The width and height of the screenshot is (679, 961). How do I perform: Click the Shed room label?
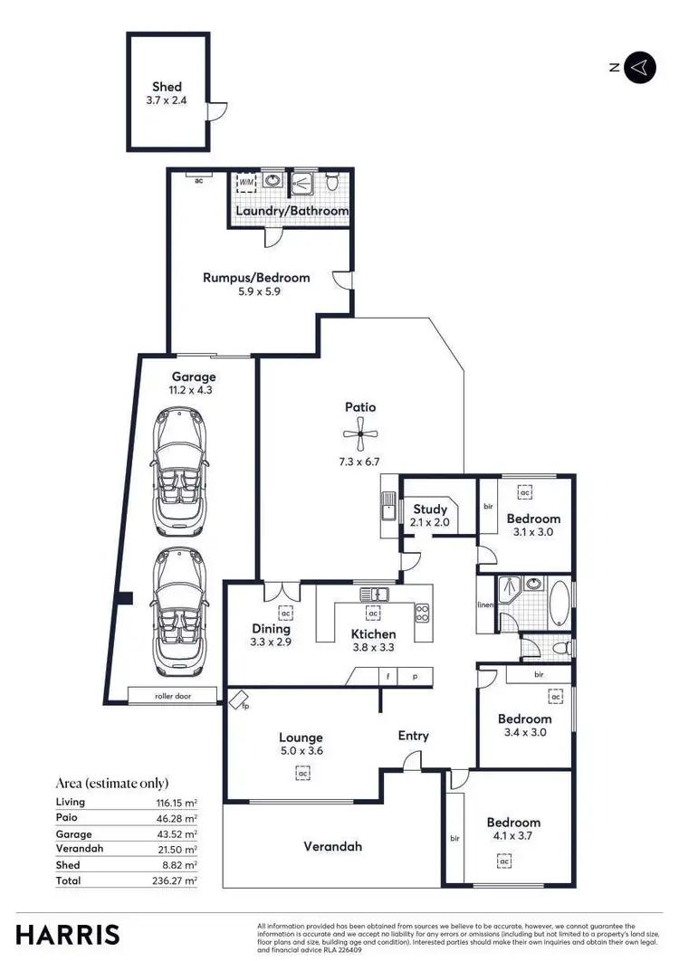click(167, 87)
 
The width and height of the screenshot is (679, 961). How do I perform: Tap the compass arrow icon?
click(640, 67)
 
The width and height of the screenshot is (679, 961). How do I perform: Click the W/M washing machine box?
click(245, 183)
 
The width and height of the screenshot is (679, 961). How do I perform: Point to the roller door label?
click(172, 697)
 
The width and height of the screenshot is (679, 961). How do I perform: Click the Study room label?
click(430, 509)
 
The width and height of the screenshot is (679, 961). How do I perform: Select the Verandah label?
click(332, 846)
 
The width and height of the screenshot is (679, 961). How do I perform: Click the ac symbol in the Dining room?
click(284, 611)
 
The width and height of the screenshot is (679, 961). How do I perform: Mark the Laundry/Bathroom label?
click(292, 211)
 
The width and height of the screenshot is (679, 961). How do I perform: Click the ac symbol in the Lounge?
click(301, 773)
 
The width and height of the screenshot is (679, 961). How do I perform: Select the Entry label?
click(414, 736)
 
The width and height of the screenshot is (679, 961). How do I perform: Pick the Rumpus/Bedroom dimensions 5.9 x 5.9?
click(255, 292)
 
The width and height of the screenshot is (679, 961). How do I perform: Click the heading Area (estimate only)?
click(112, 784)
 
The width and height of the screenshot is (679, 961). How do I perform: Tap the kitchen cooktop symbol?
click(422, 613)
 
